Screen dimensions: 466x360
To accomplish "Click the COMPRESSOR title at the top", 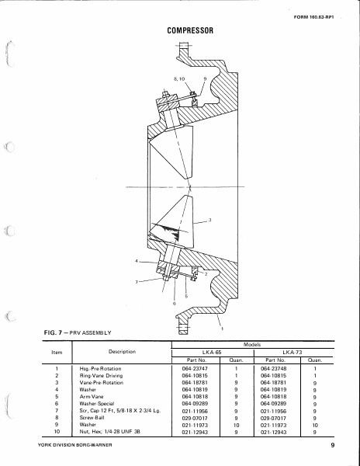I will (191, 31).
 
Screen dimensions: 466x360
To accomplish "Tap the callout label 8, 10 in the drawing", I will (179, 79).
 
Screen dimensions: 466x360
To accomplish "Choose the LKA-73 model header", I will (291, 351).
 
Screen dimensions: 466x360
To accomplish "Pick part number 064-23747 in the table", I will (191, 368).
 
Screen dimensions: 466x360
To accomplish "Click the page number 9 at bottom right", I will (329, 447).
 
